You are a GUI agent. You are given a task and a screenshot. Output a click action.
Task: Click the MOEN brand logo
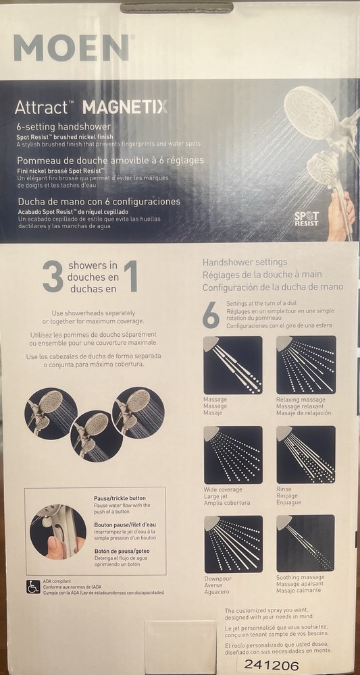coord(71,48)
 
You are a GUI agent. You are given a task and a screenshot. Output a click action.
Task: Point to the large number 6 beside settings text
coord(211,315)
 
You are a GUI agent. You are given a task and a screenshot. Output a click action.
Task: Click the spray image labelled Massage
coord(232,365)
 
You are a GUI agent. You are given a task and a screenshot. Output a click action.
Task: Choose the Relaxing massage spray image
coord(306,365)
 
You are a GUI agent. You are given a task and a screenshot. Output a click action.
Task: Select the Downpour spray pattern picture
coord(232,543)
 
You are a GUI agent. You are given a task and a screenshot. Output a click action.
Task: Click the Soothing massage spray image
coord(306,543)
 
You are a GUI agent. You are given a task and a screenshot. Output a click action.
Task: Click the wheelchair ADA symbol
coord(33,586)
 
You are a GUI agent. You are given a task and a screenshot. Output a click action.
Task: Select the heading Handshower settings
coord(245,262)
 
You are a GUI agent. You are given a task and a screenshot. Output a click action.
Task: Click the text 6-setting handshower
coord(63,126)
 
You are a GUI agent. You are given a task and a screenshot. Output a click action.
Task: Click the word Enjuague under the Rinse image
coord(289,503)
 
